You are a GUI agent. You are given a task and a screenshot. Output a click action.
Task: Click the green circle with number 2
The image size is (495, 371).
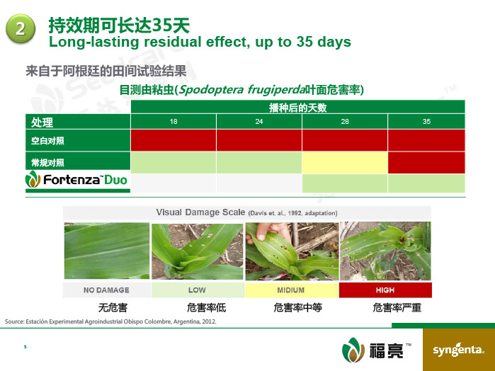point(21,28)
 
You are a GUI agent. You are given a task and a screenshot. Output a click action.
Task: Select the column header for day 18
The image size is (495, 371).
point(173,121)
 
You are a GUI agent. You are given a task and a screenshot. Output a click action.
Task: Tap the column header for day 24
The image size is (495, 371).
point(259,121)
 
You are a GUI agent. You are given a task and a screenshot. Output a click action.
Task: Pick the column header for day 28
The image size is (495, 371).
point(345,121)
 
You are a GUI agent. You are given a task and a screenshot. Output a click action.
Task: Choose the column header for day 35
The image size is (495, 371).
point(426,121)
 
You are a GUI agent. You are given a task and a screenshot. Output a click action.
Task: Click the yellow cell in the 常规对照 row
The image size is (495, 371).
point(345,163)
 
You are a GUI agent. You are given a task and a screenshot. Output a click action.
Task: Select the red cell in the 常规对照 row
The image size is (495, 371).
point(426,163)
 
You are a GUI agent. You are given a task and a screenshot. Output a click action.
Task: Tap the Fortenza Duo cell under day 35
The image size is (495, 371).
point(426,183)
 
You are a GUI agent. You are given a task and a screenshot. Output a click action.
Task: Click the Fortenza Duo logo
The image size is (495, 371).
point(76,179)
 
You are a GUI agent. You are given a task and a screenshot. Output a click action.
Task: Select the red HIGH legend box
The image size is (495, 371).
point(385,290)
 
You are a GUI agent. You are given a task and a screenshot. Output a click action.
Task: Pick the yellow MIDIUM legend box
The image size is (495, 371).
point(292,290)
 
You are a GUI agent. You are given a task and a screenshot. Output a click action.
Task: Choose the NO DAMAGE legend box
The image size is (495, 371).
point(107,290)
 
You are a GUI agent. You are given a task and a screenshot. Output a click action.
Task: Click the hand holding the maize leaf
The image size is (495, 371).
point(271,232)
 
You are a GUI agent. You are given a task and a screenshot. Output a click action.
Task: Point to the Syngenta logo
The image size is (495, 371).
point(458,350)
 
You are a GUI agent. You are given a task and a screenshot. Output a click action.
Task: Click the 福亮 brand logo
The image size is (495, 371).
point(376,350)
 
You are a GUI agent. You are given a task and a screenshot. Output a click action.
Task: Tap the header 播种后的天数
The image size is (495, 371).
point(297,108)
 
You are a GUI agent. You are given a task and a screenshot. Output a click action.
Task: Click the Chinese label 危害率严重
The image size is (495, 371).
point(397,307)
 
